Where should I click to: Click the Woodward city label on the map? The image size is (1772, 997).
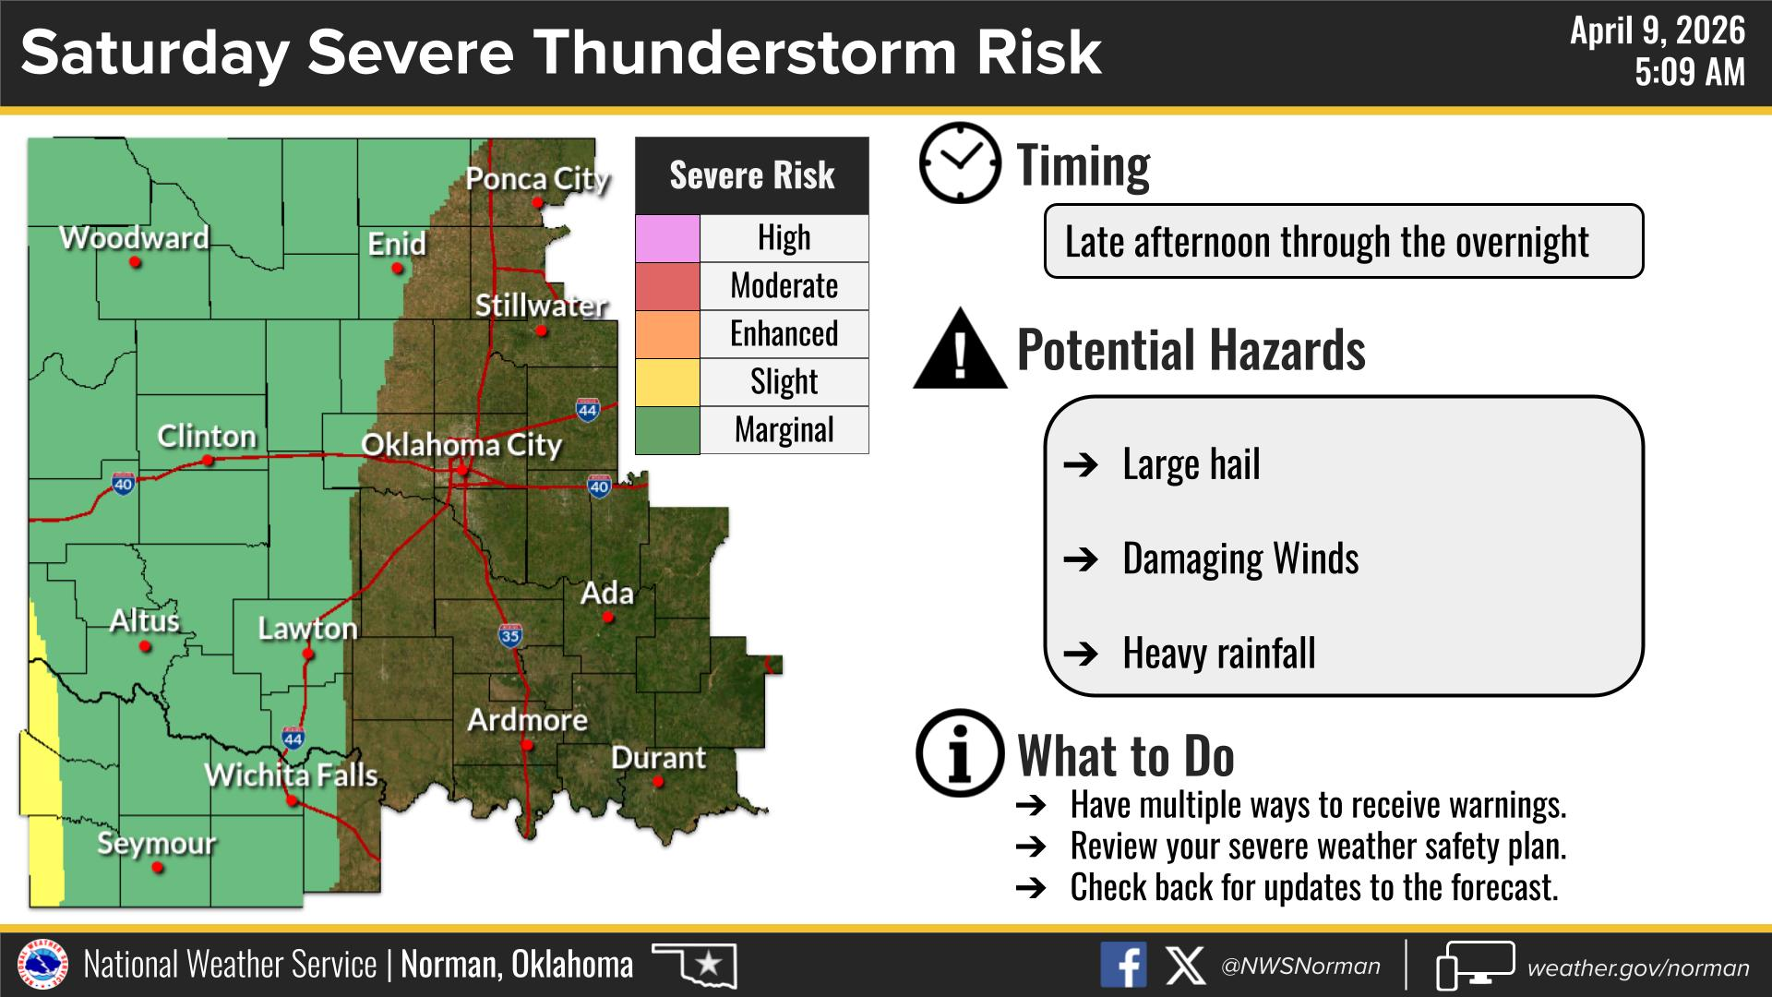[x=135, y=237]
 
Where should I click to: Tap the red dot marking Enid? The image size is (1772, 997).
[x=398, y=269]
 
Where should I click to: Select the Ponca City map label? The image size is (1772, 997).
[x=537, y=179]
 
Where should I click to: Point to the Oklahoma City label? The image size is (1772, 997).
[x=461, y=445]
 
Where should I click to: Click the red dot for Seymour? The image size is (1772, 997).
[x=158, y=868]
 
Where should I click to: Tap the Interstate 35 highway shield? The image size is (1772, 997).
[x=510, y=635]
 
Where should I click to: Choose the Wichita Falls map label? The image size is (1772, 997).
[x=292, y=775]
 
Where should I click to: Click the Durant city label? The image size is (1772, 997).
[x=658, y=758]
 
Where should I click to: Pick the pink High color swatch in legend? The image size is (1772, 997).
[x=667, y=238]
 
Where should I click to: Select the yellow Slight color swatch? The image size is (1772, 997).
[x=667, y=382]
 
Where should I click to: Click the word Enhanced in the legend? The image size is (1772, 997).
[x=784, y=333]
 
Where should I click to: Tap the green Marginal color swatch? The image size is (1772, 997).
[x=667, y=430]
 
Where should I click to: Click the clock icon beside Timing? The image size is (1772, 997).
[x=960, y=162]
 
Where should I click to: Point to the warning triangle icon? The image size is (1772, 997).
[x=960, y=349]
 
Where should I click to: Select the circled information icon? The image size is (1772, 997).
[x=960, y=753]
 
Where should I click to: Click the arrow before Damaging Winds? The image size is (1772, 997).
[x=1081, y=559]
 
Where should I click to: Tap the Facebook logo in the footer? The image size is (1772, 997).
[x=1123, y=965]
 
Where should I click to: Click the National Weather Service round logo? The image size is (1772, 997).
[x=42, y=965]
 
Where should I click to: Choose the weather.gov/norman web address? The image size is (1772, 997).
[x=1638, y=967]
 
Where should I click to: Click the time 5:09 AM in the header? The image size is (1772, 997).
[x=1690, y=72]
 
